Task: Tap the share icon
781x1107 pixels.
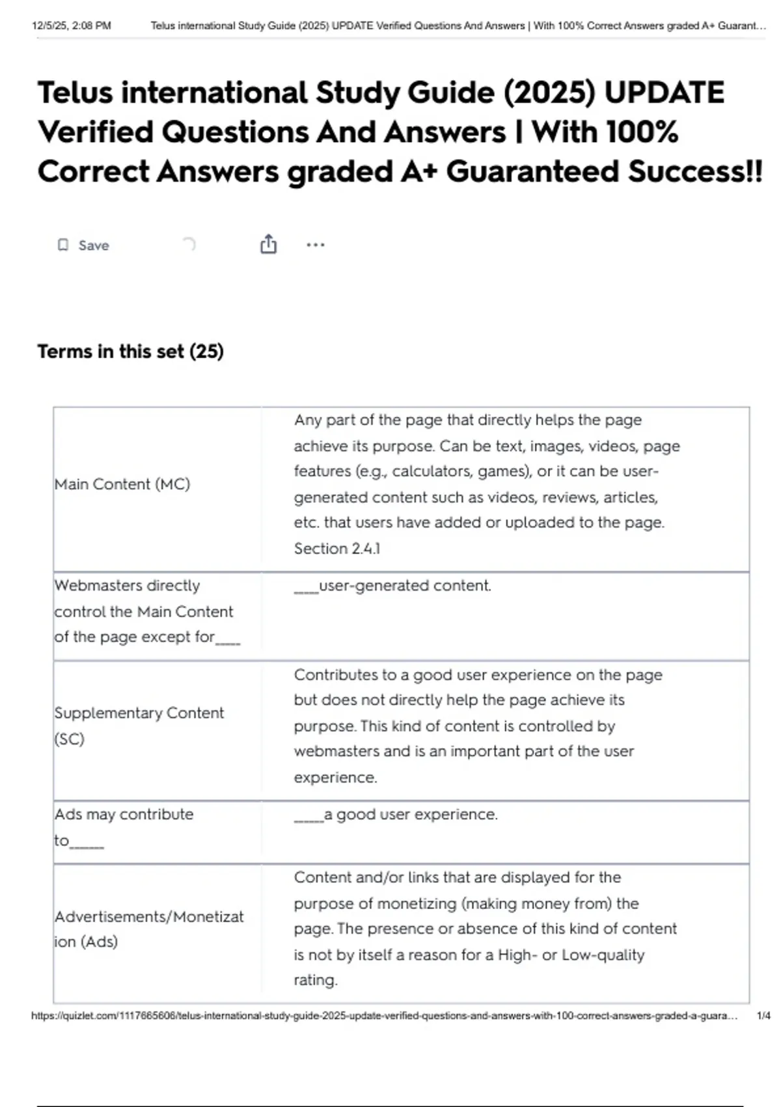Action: tap(268, 244)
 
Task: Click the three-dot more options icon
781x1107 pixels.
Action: tap(315, 245)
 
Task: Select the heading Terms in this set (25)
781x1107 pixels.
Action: tap(130, 352)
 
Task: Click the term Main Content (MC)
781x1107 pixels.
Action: tap(122, 484)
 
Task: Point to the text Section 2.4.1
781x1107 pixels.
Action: tap(336, 548)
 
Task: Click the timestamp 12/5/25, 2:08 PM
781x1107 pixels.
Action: tap(72, 26)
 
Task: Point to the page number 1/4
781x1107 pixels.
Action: tap(763, 1016)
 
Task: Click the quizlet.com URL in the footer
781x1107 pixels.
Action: tap(384, 1016)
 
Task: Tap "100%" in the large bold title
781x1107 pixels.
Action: tap(642, 132)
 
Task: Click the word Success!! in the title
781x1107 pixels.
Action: tap(694, 172)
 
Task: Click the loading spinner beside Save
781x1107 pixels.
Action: tap(189, 245)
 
